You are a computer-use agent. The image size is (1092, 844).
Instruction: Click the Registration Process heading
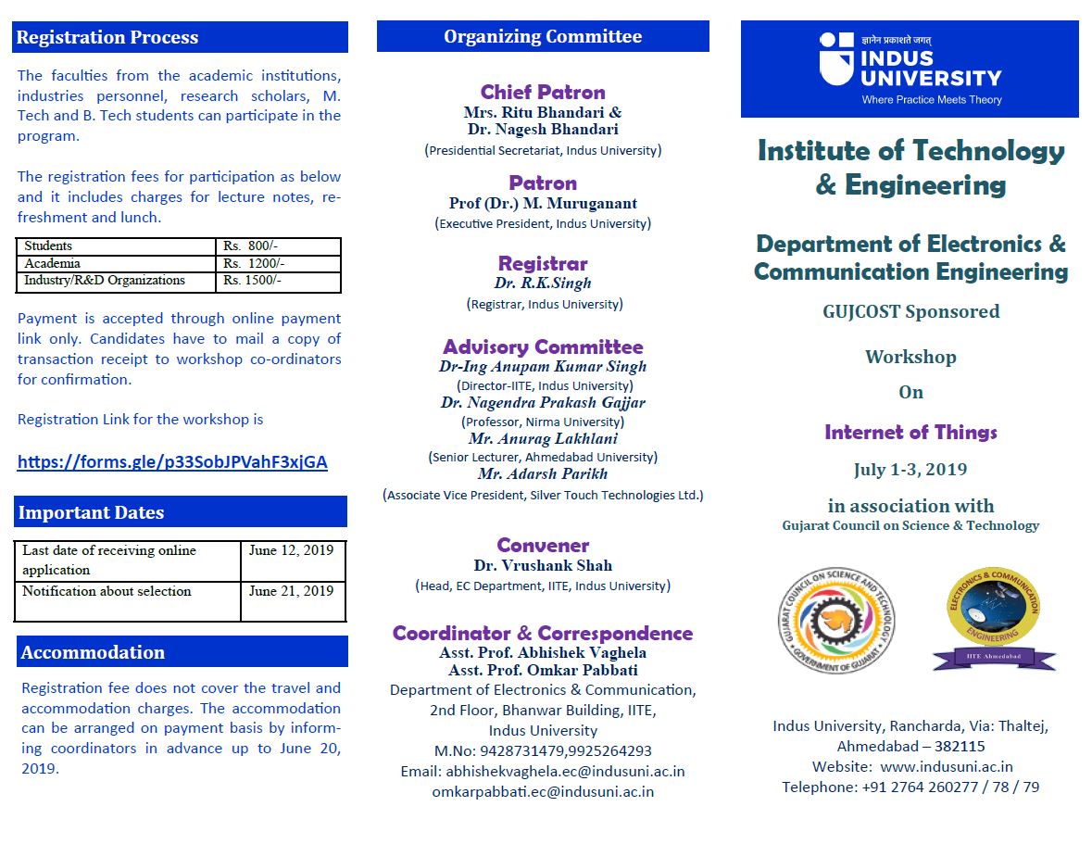pos(107,38)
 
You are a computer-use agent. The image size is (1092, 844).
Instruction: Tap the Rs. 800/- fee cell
pos(250,246)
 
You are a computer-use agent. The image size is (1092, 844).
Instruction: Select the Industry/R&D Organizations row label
pos(105,281)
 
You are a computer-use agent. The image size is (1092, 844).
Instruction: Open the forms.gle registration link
pos(172,462)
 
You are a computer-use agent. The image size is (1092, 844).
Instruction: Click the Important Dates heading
pos(91,512)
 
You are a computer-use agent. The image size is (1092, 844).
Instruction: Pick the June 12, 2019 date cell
pos(291,550)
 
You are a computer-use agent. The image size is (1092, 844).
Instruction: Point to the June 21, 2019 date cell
pos(291,591)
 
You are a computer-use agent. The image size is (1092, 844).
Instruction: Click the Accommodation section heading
pos(93,652)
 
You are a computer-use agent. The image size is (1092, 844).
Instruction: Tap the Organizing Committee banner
pos(543,37)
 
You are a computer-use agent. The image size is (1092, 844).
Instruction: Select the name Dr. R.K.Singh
pos(543,283)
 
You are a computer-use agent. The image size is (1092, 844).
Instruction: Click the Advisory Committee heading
pos(543,347)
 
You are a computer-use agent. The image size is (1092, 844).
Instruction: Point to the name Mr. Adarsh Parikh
pos(543,474)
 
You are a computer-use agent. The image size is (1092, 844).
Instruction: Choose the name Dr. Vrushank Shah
pos(543,565)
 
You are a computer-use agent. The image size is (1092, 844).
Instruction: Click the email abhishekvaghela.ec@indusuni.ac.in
pos(566,771)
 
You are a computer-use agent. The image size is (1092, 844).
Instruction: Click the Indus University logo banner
pos(910,69)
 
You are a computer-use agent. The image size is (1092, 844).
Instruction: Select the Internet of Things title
pos(910,433)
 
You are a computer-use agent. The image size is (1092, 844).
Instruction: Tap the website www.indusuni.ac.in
pos(946,767)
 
